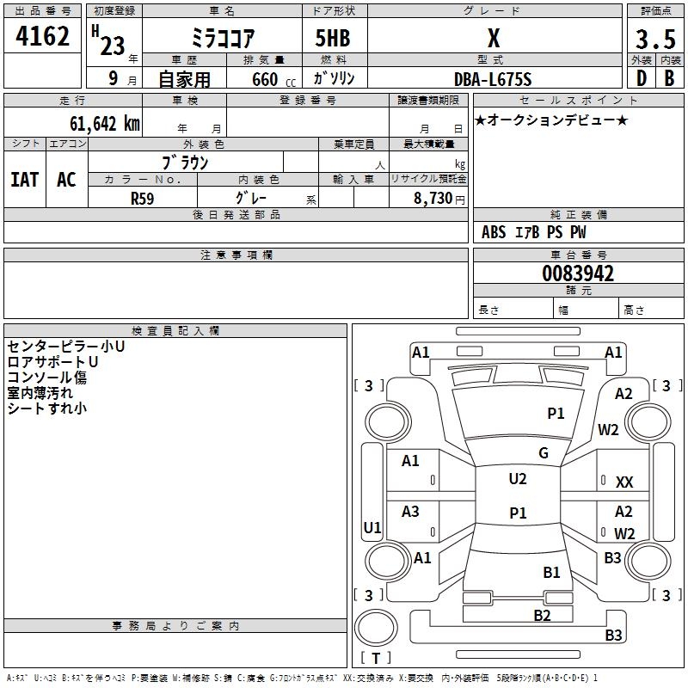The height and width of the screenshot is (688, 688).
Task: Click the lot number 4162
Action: pyautogui.click(x=43, y=37)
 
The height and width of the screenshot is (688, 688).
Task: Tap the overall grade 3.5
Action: pyautogui.click(x=654, y=40)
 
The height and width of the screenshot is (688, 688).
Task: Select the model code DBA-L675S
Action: pyautogui.click(x=493, y=79)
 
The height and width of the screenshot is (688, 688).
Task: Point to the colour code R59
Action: pyautogui.click(x=143, y=198)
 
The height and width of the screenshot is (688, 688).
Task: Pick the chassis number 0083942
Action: pyautogui.click(x=578, y=273)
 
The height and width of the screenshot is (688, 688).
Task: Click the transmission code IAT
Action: pyautogui.click(x=24, y=179)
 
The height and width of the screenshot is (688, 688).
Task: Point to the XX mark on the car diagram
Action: pyautogui.click(x=624, y=482)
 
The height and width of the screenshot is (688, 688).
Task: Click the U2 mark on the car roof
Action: pyautogui.click(x=517, y=479)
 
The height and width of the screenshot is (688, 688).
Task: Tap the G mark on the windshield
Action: pyautogui.click(x=543, y=452)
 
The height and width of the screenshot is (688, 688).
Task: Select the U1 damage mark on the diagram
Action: pyautogui.click(x=372, y=527)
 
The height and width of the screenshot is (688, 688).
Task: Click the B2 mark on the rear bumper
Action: pyautogui.click(x=542, y=615)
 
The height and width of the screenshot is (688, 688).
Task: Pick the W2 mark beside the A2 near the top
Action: pyautogui.click(x=609, y=430)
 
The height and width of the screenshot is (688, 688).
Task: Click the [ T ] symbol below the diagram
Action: pyautogui.click(x=375, y=658)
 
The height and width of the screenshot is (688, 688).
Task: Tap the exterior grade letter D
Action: pyautogui.click(x=641, y=78)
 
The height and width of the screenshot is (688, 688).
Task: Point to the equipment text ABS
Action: pyautogui.click(x=494, y=232)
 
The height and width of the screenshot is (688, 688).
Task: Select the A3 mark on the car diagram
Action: pyautogui.click(x=410, y=512)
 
